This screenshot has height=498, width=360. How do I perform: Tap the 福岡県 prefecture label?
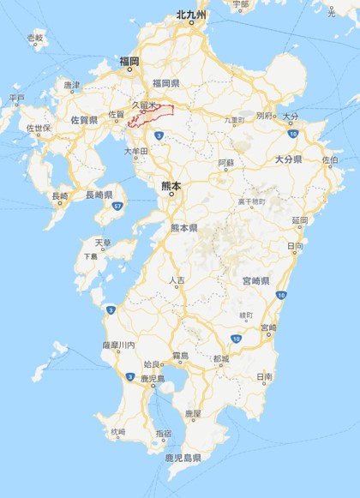click(x=164, y=82)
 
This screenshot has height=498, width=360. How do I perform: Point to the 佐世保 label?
click(x=39, y=129)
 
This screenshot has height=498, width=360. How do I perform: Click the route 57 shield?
click(x=122, y=207)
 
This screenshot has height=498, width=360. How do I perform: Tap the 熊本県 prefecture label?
click(x=183, y=228)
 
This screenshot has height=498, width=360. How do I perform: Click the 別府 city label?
click(x=264, y=115)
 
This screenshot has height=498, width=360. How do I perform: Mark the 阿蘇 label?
click(x=225, y=162)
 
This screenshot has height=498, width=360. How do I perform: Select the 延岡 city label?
click(x=299, y=221)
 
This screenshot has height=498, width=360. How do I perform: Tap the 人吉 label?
click(x=177, y=281)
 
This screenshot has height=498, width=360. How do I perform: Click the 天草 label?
click(x=102, y=243)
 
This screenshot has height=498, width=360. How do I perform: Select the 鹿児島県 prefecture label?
click(x=183, y=459)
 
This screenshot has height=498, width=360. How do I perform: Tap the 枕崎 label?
click(x=117, y=433)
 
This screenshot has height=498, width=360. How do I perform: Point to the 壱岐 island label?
click(x=35, y=39)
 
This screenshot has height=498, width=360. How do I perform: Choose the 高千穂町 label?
click(x=250, y=201)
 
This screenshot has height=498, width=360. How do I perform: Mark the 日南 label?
click(x=264, y=377)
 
